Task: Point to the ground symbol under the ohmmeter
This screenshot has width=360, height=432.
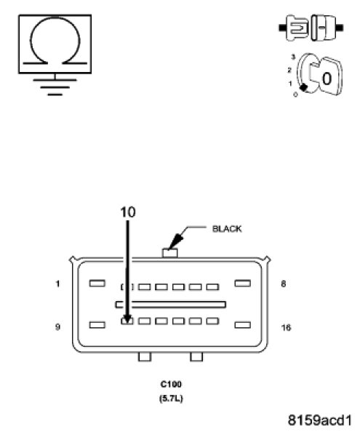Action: click(55, 85)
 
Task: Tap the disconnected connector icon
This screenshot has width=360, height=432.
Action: click(311, 28)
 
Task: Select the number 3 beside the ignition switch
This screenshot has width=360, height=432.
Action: click(293, 57)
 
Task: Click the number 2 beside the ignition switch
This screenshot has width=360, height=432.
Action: click(289, 71)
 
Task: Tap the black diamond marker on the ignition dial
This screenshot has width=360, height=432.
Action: click(303, 87)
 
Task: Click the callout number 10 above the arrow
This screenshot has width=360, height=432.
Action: click(128, 212)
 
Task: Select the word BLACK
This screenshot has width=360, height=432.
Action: click(227, 229)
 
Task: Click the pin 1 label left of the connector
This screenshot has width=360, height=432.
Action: click(58, 284)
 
